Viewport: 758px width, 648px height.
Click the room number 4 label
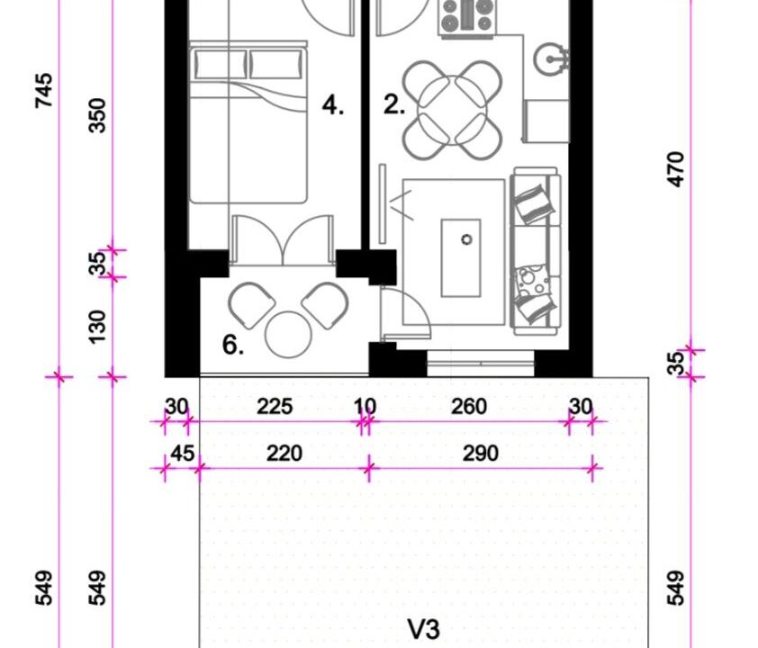[333, 105]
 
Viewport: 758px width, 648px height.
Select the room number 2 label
[394, 105]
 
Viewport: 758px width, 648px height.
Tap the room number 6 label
[233, 345]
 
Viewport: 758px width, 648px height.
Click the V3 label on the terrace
[424, 630]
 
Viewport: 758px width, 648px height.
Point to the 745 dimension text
[43, 90]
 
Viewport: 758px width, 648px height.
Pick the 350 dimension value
[97, 115]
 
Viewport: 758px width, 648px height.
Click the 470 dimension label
[676, 169]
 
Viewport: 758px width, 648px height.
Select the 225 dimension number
[275, 407]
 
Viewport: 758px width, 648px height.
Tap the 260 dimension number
[469, 407]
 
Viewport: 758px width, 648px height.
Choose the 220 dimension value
[284, 454]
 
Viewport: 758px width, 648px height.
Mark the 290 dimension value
[481, 454]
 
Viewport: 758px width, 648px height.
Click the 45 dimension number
[183, 454]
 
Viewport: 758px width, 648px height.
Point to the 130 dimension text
[97, 327]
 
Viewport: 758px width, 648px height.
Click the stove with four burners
[467, 17]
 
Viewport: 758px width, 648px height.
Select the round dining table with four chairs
[453, 110]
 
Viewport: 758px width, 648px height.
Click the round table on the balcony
[288, 335]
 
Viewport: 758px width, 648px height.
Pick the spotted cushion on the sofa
[532, 281]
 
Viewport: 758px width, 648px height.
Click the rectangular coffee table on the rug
[461, 258]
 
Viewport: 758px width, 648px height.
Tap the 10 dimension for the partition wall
[365, 407]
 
